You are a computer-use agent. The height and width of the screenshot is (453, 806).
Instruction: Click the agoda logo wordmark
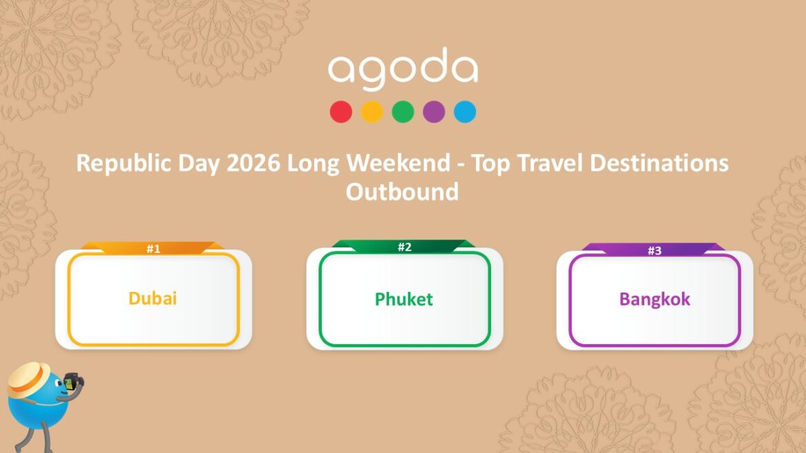click(x=403, y=70)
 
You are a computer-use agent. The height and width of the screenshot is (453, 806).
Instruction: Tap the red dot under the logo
click(x=341, y=112)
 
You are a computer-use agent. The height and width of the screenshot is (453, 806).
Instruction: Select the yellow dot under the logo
click(x=372, y=112)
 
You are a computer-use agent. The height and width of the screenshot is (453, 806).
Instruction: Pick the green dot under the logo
click(x=403, y=112)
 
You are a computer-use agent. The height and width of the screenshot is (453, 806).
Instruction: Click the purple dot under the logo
click(x=434, y=112)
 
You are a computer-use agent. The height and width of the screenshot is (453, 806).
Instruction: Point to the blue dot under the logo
click(x=465, y=112)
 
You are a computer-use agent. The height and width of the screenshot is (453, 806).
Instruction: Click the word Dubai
click(x=153, y=299)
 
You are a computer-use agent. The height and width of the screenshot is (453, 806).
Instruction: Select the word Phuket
click(x=404, y=299)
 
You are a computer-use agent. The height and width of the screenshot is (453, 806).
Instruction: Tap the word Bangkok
click(x=654, y=299)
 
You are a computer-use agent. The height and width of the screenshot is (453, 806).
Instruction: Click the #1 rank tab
click(x=153, y=249)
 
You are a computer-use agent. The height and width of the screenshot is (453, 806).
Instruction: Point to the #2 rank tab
click(x=404, y=246)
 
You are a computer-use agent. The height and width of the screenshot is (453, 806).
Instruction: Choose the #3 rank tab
click(x=654, y=251)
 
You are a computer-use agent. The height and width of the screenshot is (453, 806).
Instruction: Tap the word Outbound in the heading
click(x=402, y=191)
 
